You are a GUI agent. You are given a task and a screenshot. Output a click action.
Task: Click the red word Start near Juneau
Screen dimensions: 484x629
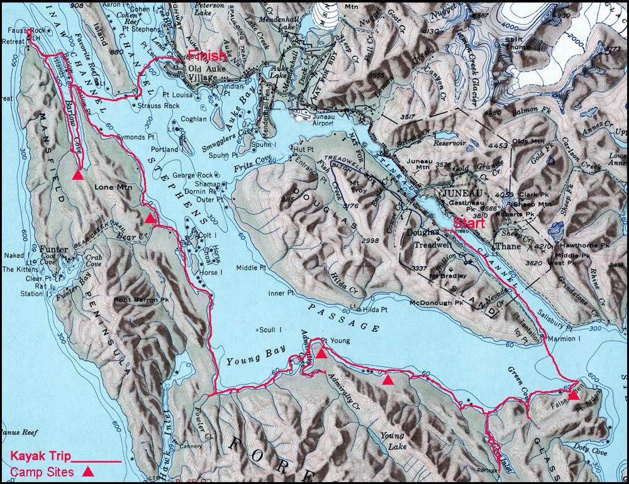point(469,223)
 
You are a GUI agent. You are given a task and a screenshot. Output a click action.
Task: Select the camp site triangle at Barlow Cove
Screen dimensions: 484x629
point(77,175)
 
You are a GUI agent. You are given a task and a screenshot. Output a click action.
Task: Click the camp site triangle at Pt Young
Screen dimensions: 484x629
point(321,353)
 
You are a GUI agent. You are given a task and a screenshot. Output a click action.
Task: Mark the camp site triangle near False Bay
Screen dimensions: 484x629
point(574,394)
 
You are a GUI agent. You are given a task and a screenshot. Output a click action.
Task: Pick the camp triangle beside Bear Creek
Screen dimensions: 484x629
point(149,218)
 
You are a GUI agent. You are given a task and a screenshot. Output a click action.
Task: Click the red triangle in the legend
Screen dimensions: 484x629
point(89,471)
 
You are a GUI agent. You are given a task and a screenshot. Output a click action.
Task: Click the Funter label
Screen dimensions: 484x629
point(53,250)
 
